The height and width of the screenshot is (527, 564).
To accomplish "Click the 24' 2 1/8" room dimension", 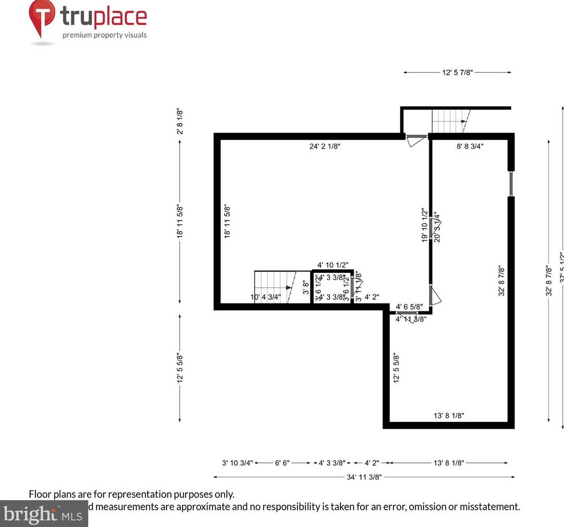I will tap(325, 147).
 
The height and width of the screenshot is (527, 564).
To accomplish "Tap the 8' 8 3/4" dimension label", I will tap(470, 147).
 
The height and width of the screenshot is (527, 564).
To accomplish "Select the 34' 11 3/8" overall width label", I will tap(364, 477).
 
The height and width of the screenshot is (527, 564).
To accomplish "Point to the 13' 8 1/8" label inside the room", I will tap(449, 415).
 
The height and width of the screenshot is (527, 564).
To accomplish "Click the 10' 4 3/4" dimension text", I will tap(266, 297).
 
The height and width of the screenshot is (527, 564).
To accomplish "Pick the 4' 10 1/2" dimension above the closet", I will tap(333, 265).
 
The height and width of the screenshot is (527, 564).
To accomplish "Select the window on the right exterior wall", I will tap(511, 183).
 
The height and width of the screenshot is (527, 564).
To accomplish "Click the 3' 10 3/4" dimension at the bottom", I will tap(238, 463).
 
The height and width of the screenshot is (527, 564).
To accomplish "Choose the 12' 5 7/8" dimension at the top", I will tap(457, 73).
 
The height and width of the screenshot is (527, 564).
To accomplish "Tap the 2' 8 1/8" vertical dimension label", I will tap(180, 121).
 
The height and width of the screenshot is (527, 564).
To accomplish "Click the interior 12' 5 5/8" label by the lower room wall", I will tap(396, 368).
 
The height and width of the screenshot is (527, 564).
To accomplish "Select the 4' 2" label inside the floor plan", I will tap(372, 297).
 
